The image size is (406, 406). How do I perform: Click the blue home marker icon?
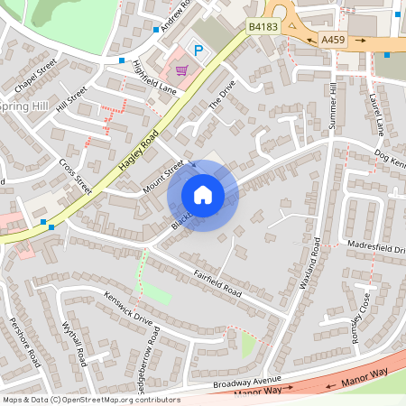203,194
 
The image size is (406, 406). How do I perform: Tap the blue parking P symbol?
196,50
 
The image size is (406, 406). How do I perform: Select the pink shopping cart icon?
182,69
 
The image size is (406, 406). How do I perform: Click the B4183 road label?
263,28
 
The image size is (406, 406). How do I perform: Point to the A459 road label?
333,41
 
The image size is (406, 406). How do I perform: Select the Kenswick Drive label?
128,307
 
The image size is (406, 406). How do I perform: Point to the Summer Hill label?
333,106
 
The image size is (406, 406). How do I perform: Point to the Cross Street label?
76,177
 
